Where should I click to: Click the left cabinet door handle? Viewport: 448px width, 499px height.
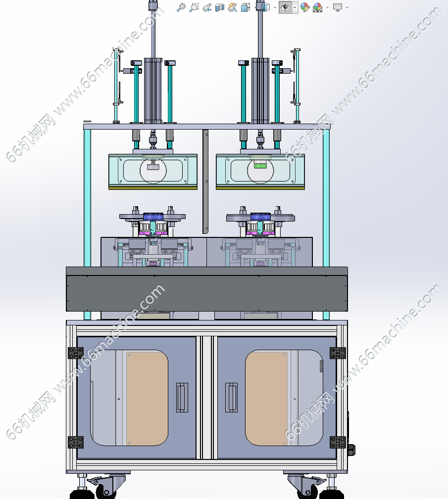182,397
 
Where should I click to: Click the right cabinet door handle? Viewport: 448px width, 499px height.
231,397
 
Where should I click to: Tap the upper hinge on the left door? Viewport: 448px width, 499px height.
76,353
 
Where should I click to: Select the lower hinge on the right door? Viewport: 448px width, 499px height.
338,442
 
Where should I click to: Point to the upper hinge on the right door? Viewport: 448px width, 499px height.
338,353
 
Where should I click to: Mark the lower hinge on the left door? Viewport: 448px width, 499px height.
76,442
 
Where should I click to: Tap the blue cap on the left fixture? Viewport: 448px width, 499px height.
153,217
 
